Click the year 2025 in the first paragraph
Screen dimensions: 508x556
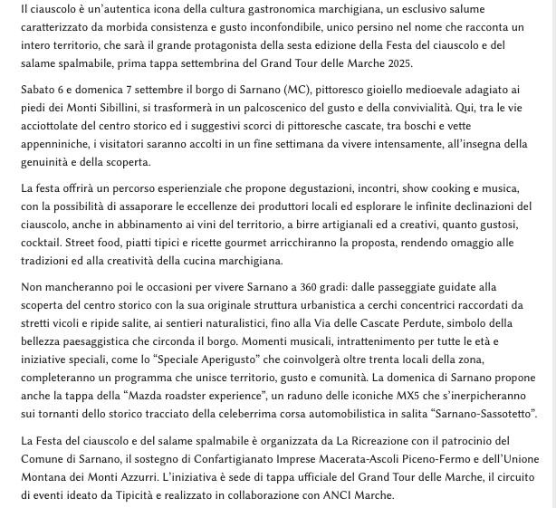pyautogui.click(x=398, y=63)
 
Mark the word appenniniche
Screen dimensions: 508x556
pyautogui.click(x=54, y=144)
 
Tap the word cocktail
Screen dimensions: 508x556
pyautogui.click(x=42, y=243)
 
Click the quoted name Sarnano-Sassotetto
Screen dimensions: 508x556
pyautogui.click(x=484, y=414)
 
